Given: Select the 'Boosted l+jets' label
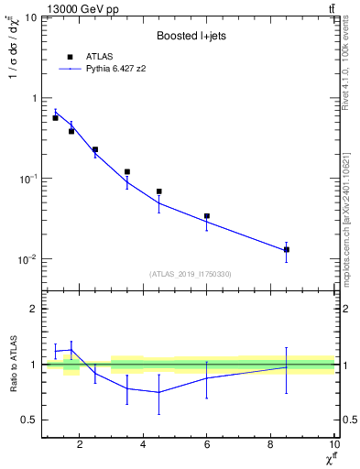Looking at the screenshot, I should pos(190,36).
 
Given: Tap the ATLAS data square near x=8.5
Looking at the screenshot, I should pos(287,249).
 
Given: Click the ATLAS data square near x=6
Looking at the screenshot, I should pos(207,216).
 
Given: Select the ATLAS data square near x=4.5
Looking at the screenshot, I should pos(159,191).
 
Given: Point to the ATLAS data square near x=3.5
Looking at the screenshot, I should pos(127,171).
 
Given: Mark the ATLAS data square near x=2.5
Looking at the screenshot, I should pos(95,149).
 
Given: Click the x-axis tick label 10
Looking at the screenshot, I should pos(333,446).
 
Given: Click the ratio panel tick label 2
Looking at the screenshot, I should pos(33,309).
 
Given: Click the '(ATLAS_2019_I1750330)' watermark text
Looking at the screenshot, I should pos(189,274).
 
